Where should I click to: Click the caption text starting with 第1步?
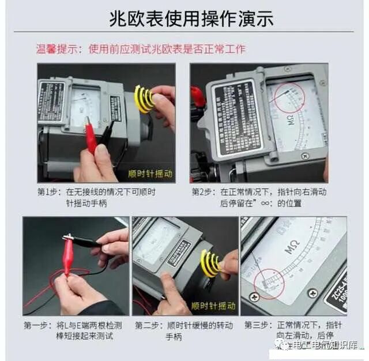pos(97,197)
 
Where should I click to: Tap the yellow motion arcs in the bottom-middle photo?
pos(210,262)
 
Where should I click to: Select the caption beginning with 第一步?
pos(73,330)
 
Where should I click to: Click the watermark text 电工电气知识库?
pos(325,345)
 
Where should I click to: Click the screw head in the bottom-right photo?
pos(312,293)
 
